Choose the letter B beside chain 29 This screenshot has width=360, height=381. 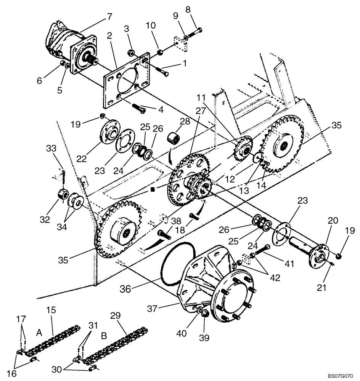pos(103,336)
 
